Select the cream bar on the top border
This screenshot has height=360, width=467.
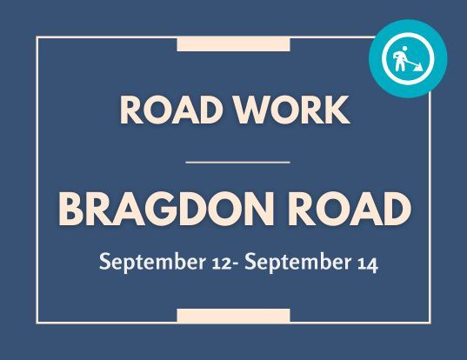[x=233, y=44]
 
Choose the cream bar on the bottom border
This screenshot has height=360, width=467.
[x=233, y=315]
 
